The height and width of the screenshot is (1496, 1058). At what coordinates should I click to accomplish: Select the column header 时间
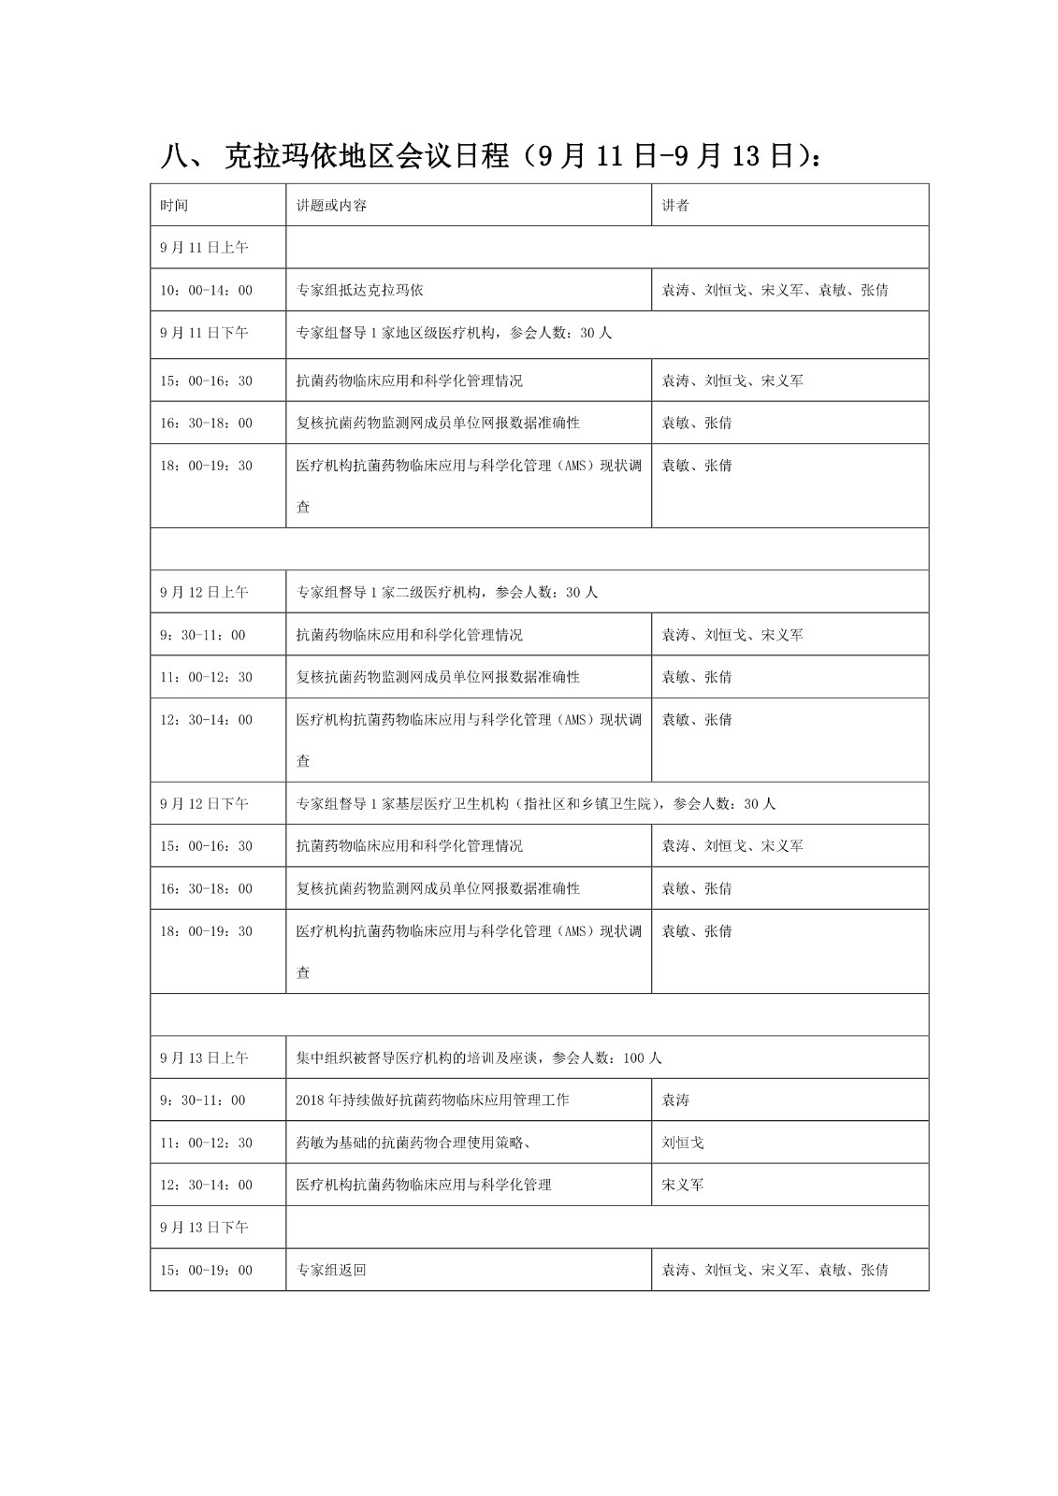pos(174,206)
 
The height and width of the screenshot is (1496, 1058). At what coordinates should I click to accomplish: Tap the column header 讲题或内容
pos(331,206)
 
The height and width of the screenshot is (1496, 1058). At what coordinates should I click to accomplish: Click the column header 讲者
pos(675,206)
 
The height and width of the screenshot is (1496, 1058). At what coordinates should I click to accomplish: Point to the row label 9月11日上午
pos(204,248)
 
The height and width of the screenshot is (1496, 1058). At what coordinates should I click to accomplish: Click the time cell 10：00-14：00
pos(206,291)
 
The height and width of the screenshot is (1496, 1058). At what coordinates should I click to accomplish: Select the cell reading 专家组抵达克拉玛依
pos(360,291)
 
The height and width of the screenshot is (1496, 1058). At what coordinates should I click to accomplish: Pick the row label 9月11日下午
pos(204,333)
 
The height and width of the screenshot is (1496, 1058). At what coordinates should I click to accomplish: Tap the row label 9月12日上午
pos(204,593)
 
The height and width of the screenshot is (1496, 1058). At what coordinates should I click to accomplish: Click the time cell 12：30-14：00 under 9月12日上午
pos(206,720)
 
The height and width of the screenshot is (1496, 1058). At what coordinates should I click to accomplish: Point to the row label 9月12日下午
pos(204,804)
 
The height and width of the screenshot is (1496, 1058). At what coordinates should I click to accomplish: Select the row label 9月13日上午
pos(204,1058)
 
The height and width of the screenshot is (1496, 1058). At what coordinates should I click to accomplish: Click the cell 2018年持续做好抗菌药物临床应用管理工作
pos(432,1100)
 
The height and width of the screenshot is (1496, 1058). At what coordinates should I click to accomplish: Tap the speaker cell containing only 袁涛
pos(675,1100)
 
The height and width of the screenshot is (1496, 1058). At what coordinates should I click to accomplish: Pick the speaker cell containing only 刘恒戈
pos(683,1143)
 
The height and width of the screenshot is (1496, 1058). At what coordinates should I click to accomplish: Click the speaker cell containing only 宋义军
pos(683,1185)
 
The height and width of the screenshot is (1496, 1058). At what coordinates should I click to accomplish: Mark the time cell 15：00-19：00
pos(206,1271)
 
